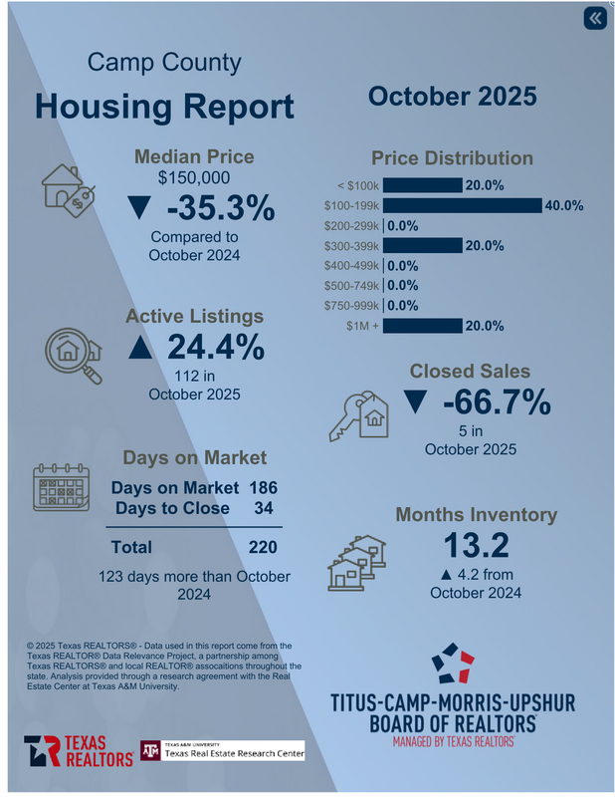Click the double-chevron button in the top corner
pyautogui.click(x=594, y=19)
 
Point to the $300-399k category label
pyautogui.click(x=351, y=246)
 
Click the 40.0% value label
pyautogui.click(x=563, y=206)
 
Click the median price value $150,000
pyautogui.click(x=194, y=177)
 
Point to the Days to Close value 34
pyautogui.click(x=263, y=508)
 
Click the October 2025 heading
pyautogui.click(x=452, y=97)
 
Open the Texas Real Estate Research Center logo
pyautogui.click(x=221, y=749)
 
